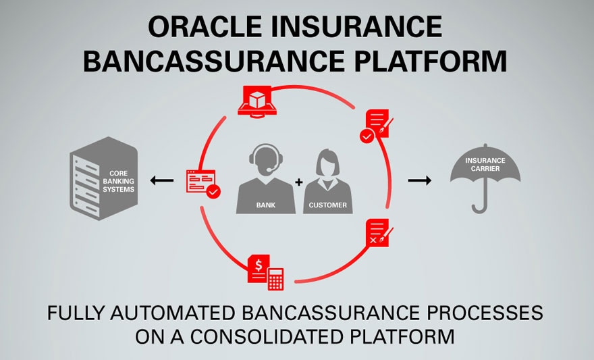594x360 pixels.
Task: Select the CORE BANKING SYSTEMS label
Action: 122,181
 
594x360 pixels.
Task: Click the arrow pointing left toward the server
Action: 162,180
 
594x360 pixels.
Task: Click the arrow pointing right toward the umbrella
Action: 420,180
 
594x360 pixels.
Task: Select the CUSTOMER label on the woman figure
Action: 327,205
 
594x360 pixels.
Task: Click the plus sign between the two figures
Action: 298,182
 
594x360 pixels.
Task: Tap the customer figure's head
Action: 328,161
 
